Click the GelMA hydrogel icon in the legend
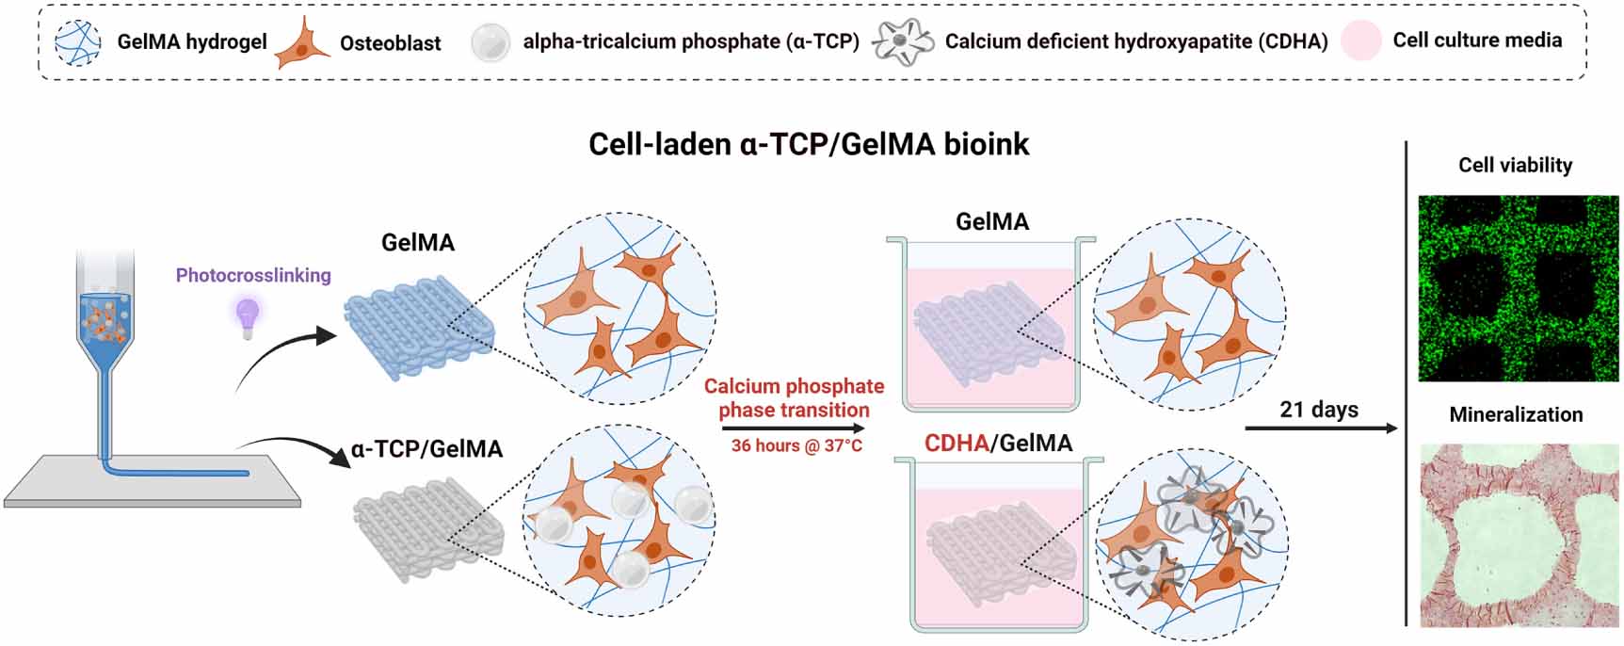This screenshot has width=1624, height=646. click(x=79, y=42)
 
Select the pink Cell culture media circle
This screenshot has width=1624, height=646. click(x=1360, y=40)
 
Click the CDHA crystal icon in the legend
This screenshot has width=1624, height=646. click(x=902, y=42)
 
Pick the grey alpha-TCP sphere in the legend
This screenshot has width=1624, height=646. click(x=490, y=42)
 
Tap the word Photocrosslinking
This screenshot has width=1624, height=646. click(x=253, y=275)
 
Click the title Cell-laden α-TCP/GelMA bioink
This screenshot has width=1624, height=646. click(x=808, y=144)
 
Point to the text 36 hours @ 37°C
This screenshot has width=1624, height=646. click(x=796, y=445)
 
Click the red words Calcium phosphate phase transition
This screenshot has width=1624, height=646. click(x=794, y=397)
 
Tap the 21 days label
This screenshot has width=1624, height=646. click(x=1318, y=410)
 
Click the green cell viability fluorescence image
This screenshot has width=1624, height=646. click(x=1518, y=288)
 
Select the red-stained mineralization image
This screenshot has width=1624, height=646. click(x=1518, y=534)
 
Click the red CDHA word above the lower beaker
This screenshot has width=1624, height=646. click(x=956, y=443)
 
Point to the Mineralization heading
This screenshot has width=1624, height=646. click(x=1516, y=414)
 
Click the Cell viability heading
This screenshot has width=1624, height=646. click(x=1515, y=165)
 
